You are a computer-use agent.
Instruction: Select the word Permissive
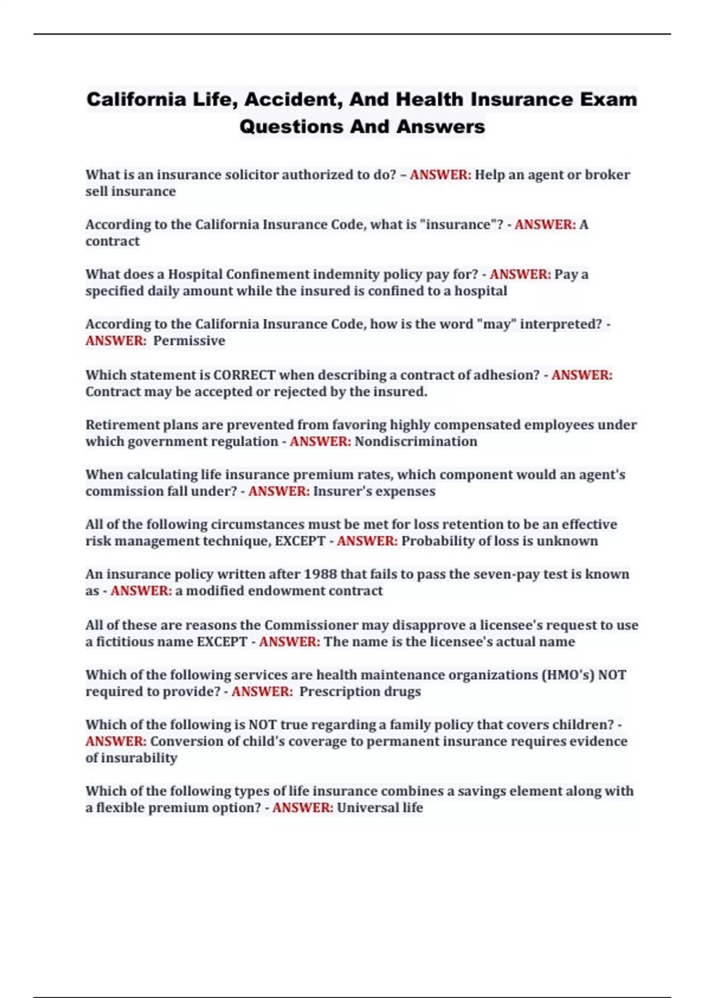[x=189, y=341]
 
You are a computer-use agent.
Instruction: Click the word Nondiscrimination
[x=416, y=441]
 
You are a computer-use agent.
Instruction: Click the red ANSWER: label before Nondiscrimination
[x=320, y=441]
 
